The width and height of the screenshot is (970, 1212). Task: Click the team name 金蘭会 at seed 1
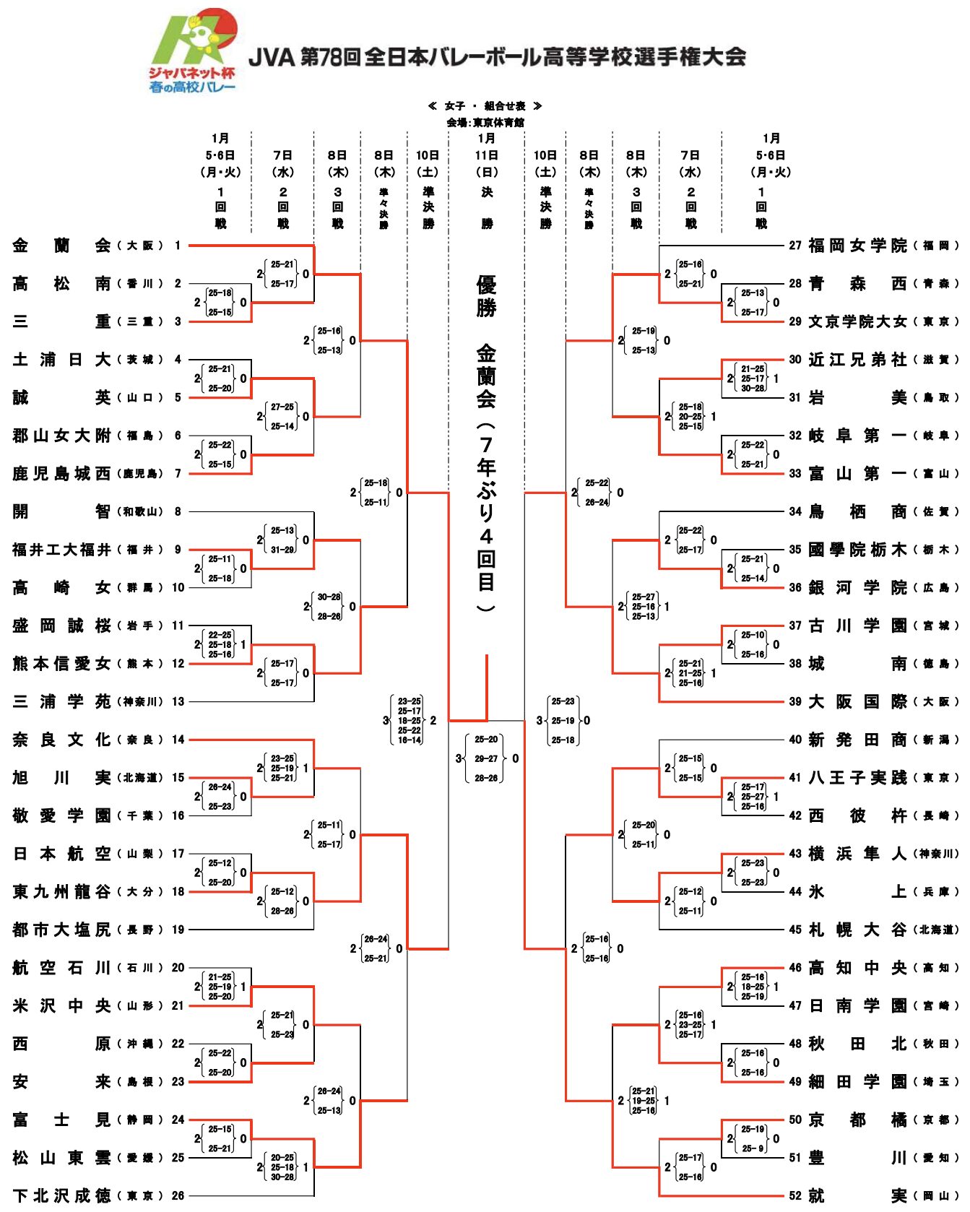pyautogui.click(x=61, y=246)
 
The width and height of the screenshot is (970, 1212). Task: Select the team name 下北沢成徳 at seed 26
pyautogui.click(x=61, y=1195)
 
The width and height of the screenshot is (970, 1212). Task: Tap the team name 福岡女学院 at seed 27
pyautogui.click(x=857, y=246)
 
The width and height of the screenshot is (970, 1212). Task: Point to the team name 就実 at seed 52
pyautogui.click(x=857, y=1195)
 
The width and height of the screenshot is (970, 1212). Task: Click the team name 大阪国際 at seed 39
pyautogui.click(x=857, y=701)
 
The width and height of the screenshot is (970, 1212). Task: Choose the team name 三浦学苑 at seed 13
pyautogui.click(x=61, y=701)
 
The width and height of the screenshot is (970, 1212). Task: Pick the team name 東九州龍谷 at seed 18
pyautogui.click(x=61, y=891)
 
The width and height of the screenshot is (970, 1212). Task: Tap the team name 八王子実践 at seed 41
pyautogui.click(x=857, y=777)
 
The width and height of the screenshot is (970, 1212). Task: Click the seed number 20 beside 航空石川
pyautogui.click(x=178, y=967)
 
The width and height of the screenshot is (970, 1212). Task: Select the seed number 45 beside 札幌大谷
pyautogui.click(x=795, y=930)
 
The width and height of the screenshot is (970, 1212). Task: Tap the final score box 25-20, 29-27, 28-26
pyautogui.click(x=486, y=758)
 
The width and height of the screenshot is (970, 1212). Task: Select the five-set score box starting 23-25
pyautogui.click(x=410, y=720)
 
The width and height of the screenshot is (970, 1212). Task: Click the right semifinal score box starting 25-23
pyautogui.click(x=563, y=720)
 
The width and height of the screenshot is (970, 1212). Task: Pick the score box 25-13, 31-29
pyautogui.click(x=282, y=540)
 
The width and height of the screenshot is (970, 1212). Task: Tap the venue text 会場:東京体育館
pyautogui.click(x=485, y=123)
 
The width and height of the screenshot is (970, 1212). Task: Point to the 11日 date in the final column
pyautogui.click(x=486, y=155)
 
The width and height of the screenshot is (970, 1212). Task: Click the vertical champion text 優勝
pyautogui.click(x=486, y=296)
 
